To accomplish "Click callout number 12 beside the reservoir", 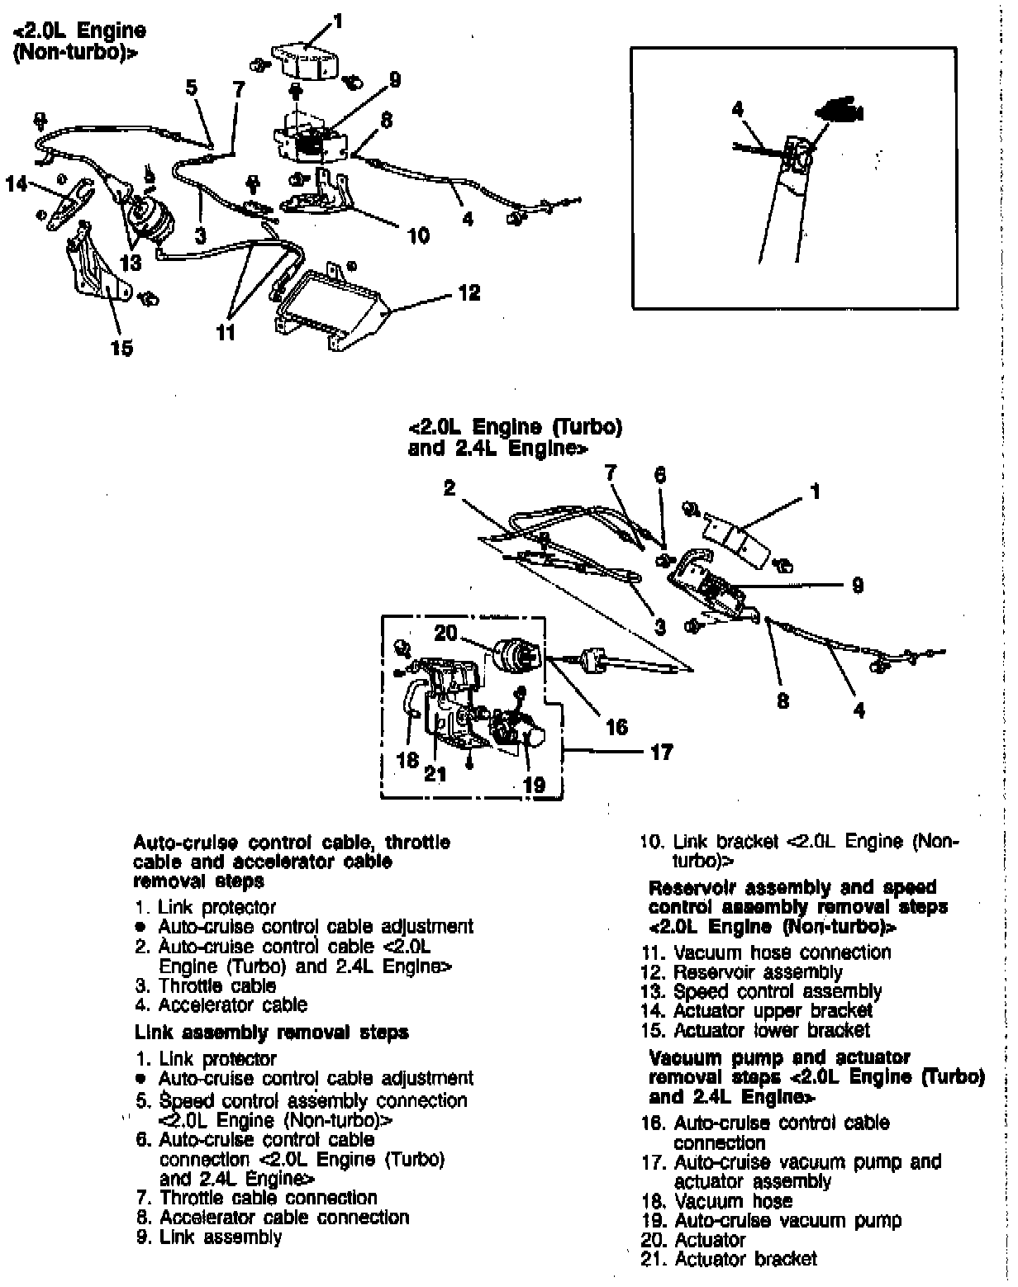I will click(x=469, y=293).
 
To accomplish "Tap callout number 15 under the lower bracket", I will click(x=121, y=348).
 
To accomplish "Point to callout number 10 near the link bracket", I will click(x=418, y=235).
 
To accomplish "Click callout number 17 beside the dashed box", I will click(x=662, y=752).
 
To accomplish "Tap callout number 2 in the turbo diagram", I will click(x=449, y=488).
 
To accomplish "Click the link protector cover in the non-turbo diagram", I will click(x=307, y=62).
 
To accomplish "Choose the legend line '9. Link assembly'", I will click(x=209, y=1237).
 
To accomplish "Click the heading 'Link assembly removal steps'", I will click(x=271, y=1033).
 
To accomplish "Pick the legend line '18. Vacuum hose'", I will click(x=716, y=1200).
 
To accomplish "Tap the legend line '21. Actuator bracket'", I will click(x=729, y=1259).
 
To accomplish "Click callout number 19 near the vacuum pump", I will click(x=535, y=785).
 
